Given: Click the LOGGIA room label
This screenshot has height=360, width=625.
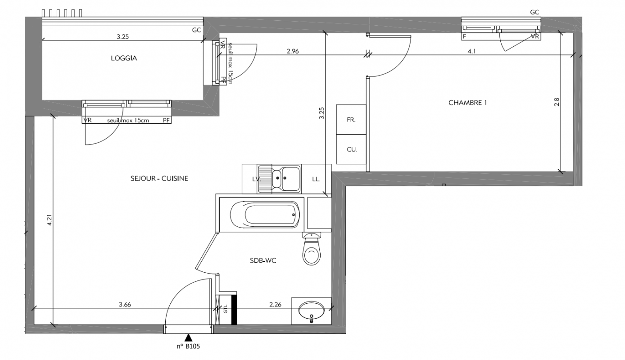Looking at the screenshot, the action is [x=124, y=58].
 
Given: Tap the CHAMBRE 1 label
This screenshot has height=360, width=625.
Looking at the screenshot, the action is [x=468, y=103].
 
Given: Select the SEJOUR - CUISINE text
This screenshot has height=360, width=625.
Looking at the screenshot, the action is [x=159, y=179].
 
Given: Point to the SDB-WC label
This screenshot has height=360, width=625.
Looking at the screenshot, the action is [x=263, y=261].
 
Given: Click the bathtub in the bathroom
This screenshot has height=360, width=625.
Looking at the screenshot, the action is [x=265, y=215].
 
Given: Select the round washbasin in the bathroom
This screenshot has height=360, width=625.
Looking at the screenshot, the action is [x=312, y=312].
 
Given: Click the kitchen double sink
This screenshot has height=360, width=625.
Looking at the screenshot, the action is [x=279, y=179].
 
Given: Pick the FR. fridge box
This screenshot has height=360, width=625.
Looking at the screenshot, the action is [x=351, y=120].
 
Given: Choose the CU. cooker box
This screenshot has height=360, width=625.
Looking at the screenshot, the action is [x=351, y=149].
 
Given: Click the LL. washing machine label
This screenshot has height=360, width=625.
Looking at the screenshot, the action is [x=316, y=179].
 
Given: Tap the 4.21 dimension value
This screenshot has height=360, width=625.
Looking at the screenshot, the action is [x=50, y=220].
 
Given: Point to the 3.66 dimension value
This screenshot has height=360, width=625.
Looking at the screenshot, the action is [x=125, y=305].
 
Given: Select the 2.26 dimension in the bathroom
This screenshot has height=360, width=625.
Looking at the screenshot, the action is [x=275, y=305].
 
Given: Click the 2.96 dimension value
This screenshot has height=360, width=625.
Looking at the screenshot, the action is [x=293, y=51].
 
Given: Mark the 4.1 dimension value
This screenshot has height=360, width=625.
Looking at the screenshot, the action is [x=471, y=51].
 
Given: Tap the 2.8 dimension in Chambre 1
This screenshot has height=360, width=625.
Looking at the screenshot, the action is [x=557, y=102].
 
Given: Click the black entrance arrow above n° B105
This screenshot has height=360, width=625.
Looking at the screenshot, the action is [x=189, y=337].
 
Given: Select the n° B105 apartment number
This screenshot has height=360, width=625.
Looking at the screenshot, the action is [x=188, y=346].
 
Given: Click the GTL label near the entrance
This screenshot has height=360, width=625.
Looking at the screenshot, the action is [x=226, y=309].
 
